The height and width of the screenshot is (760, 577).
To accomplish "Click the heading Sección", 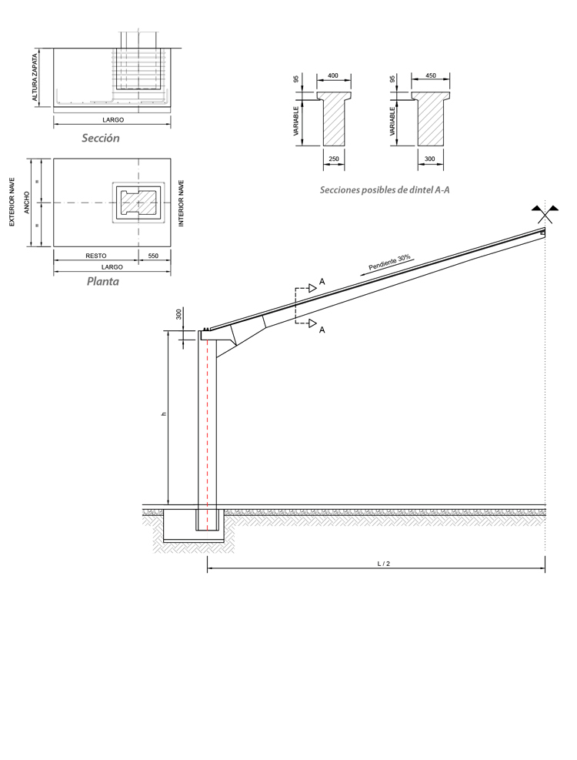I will (x=101, y=139).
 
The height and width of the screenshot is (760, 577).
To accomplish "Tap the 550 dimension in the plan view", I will (x=154, y=255).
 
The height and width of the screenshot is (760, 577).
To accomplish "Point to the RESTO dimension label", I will (x=95, y=255).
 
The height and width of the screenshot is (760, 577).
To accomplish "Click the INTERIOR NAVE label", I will (x=182, y=203).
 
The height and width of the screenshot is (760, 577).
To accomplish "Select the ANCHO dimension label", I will (x=26, y=203).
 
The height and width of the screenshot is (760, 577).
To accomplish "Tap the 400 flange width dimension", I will (x=333, y=76).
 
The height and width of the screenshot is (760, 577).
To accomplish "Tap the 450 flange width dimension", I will (x=430, y=76).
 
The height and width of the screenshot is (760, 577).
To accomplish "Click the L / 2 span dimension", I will (x=383, y=564).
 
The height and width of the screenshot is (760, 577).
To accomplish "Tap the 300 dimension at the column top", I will (x=178, y=314).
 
